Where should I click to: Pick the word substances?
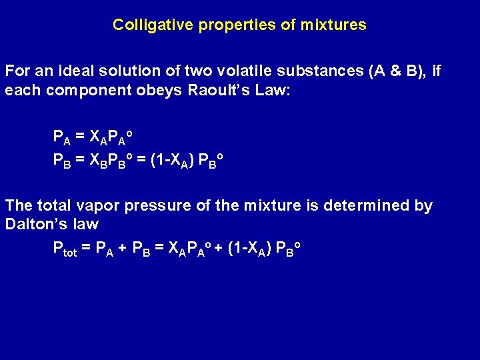(323, 71)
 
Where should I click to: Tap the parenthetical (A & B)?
(397, 71)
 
